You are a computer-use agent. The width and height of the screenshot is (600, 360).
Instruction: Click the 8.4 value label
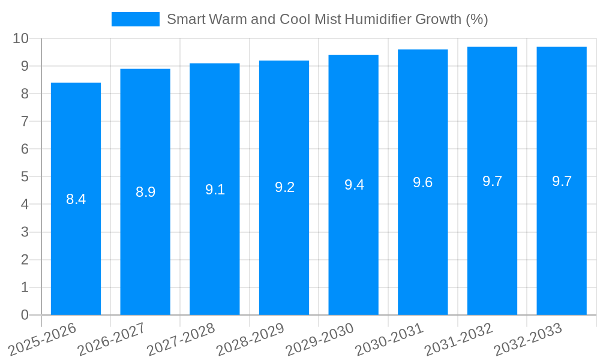click(76, 199)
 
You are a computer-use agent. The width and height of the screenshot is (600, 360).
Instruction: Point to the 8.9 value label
click(145, 192)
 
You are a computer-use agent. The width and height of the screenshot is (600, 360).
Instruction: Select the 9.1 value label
click(215, 190)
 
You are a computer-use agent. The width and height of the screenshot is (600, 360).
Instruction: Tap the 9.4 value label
click(354, 185)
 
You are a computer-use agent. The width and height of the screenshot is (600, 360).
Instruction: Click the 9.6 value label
click(423, 182)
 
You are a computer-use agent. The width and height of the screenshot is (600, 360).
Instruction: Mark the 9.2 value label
click(284, 187)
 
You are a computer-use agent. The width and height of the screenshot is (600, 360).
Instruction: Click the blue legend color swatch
click(135, 19)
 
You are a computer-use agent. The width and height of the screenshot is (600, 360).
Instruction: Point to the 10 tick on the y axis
click(21, 38)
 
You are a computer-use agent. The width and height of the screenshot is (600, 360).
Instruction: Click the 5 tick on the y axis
click(25, 176)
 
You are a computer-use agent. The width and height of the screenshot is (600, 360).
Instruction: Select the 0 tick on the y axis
click(25, 314)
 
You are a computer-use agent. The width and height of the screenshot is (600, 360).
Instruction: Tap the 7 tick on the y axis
click(25, 121)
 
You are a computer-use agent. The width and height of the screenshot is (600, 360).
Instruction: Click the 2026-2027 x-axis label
click(112, 339)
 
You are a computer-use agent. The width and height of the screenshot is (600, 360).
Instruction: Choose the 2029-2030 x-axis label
click(320, 339)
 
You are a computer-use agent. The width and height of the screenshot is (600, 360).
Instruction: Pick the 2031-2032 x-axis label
click(459, 339)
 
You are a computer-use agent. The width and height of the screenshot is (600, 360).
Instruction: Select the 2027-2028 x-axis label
click(181, 339)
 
